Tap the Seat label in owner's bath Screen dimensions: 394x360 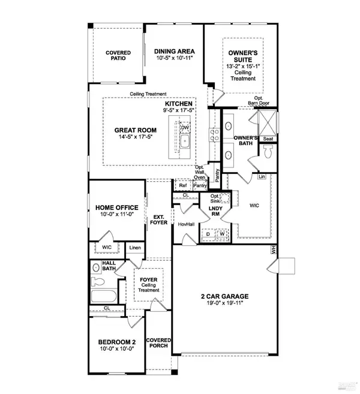tap(268, 138)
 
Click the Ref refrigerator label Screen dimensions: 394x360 tap(183, 186)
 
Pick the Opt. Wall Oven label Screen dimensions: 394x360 tap(199, 173)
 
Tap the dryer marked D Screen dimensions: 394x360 tap(208, 235)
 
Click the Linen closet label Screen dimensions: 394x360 tap(135, 248)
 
